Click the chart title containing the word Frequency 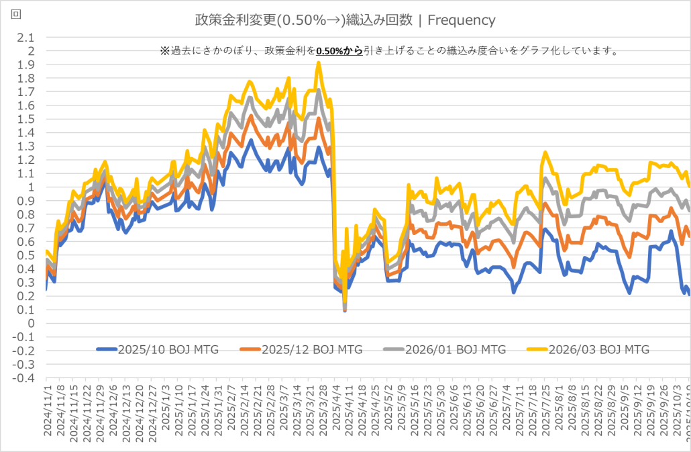click(x=345, y=20)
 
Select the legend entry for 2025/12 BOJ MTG click(x=312, y=349)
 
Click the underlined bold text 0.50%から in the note click(x=339, y=51)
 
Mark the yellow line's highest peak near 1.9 click(x=319, y=62)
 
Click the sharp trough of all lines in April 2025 click(x=345, y=310)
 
